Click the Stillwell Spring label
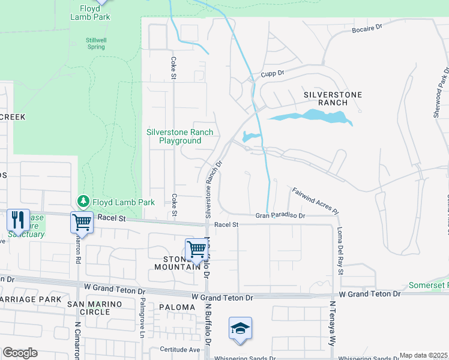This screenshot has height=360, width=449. [96, 43]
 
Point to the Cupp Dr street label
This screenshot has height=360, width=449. [272, 74]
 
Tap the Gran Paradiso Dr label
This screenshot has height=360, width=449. [280, 215]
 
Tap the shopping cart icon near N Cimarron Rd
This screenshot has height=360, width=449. [82, 223]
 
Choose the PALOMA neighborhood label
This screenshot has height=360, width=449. [177, 307]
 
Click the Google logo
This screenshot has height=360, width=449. [20, 353]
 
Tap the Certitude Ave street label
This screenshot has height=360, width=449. [179, 349]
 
